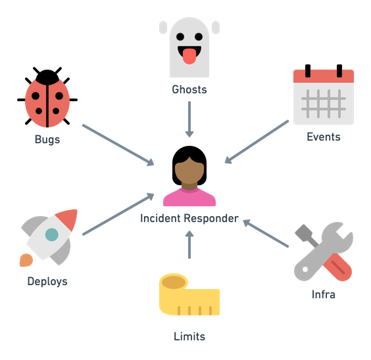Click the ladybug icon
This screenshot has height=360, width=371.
pos(47,97)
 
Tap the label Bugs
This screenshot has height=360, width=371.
pos(47,139)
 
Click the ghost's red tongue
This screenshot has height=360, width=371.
pos(189,56)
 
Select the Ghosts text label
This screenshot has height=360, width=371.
pos(189,89)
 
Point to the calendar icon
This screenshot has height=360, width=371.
pos(324,94)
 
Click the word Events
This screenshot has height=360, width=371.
pos(324,137)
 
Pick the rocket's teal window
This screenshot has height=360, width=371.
pos(51,235)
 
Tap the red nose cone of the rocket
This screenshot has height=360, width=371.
pos(68,219)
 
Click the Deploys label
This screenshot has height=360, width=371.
pos(47,282)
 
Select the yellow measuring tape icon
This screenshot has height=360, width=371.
pos(189,294)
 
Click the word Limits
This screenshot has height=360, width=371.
pos(189,336)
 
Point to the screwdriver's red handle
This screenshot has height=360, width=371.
pos(337,267)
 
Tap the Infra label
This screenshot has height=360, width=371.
pos(324,294)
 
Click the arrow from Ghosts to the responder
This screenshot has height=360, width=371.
pos(189,120)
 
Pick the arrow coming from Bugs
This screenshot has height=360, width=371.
pos(118,145)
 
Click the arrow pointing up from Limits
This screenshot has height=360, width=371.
pos(189,245)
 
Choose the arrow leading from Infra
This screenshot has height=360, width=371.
pos(266,233)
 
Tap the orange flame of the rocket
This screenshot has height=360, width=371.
pos(26,260)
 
